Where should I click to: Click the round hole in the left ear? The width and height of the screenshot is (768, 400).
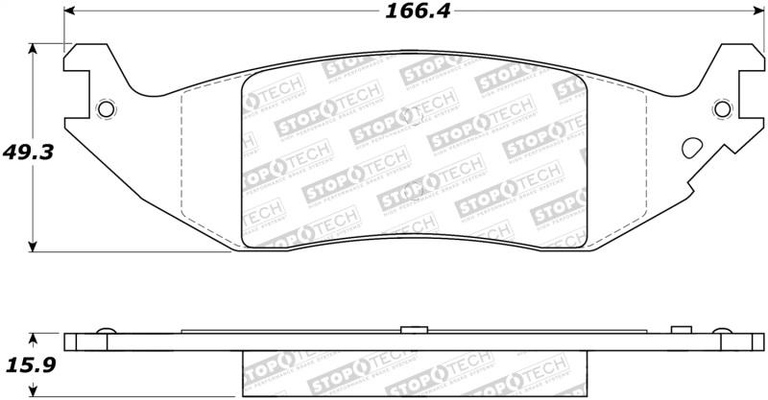106,107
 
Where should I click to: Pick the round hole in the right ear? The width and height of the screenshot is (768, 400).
721,107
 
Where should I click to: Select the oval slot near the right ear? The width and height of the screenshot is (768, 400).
691,149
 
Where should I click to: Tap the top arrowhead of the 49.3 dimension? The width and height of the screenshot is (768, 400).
36,49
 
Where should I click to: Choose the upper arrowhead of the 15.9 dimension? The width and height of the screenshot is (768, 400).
35,337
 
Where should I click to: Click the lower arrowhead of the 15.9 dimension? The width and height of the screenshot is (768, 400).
35,393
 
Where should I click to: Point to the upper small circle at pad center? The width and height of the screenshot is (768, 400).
414,115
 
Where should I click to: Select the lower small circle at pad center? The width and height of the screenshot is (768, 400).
414,186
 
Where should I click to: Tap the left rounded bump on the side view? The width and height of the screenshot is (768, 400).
107,332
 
